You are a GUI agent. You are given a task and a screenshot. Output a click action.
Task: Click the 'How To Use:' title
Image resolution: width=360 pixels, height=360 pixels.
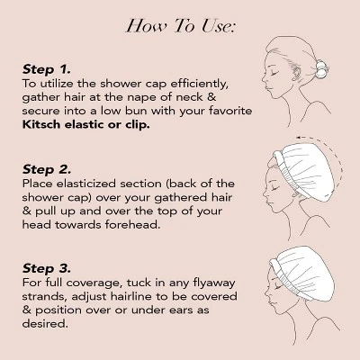point(181,25)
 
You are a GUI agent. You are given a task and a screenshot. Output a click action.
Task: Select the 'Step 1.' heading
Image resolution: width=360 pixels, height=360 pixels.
point(47,69)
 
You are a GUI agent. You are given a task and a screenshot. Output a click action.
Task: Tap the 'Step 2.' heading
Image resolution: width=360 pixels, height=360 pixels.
point(47,169)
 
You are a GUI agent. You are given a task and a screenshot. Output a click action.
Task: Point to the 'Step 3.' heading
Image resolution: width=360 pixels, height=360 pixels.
point(47,268)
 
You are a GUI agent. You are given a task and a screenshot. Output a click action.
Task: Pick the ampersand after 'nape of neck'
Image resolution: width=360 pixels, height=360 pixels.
point(211,97)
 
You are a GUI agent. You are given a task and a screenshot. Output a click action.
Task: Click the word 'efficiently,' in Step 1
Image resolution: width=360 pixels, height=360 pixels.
point(199,84)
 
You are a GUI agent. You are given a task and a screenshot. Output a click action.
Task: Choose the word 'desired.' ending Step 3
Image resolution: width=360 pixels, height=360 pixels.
point(45,323)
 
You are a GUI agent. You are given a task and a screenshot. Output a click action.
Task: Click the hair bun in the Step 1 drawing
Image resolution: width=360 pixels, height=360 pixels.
point(321,68)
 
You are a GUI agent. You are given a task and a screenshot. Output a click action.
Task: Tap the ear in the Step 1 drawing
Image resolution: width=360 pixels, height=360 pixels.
point(295,74)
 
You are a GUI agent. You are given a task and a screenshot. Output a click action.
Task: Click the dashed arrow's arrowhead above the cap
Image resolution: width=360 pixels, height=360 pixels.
point(298,138)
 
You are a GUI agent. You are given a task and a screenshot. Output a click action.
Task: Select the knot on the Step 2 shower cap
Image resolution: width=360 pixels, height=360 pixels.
point(278,158)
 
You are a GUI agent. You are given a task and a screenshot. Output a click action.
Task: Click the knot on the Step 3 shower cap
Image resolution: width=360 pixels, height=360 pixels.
point(276,265)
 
